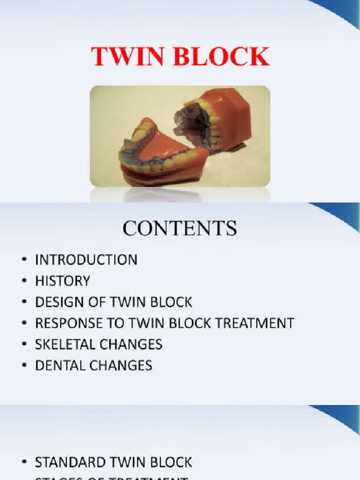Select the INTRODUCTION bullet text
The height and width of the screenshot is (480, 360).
coord(86,260)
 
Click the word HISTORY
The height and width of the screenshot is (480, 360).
coord(62,281)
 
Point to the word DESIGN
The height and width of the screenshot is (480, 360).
coord(55,302)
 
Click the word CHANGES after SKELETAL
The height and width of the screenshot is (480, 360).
coord(131,344)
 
